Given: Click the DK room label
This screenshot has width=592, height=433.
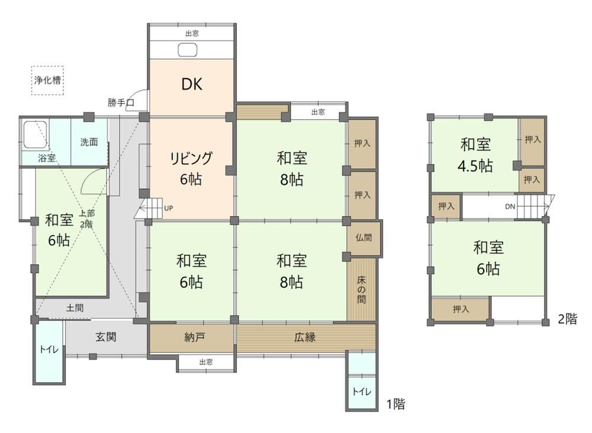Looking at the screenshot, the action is click(x=192, y=84).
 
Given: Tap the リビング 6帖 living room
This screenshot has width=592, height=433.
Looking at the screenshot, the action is click(x=191, y=169).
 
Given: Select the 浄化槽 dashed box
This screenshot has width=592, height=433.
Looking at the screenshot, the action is click(x=47, y=80).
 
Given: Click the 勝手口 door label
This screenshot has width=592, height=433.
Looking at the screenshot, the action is click(x=121, y=102).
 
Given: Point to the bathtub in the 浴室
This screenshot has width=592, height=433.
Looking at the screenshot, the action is click(x=35, y=134).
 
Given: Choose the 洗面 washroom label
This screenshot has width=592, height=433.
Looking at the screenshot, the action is click(x=89, y=142).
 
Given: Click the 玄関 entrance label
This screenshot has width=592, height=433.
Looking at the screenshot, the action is click(x=106, y=336).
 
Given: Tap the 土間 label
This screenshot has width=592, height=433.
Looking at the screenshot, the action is click(x=75, y=308).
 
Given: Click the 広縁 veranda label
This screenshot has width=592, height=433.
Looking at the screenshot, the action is click(x=305, y=337).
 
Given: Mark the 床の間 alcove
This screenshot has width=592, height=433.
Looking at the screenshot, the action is click(x=361, y=290).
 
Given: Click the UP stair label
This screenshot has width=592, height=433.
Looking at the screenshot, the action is click(x=168, y=208).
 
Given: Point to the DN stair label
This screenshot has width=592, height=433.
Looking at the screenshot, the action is click(x=510, y=207).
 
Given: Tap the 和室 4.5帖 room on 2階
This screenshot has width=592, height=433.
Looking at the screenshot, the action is click(x=475, y=155).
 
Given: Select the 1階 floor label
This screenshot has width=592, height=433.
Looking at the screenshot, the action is click(x=395, y=404).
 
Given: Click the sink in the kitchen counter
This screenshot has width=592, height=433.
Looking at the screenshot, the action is click(x=188, y=50).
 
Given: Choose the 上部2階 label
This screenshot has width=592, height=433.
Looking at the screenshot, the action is click(x=86, y=219).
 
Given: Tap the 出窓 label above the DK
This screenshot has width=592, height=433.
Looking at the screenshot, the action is click(x=192, y=33).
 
